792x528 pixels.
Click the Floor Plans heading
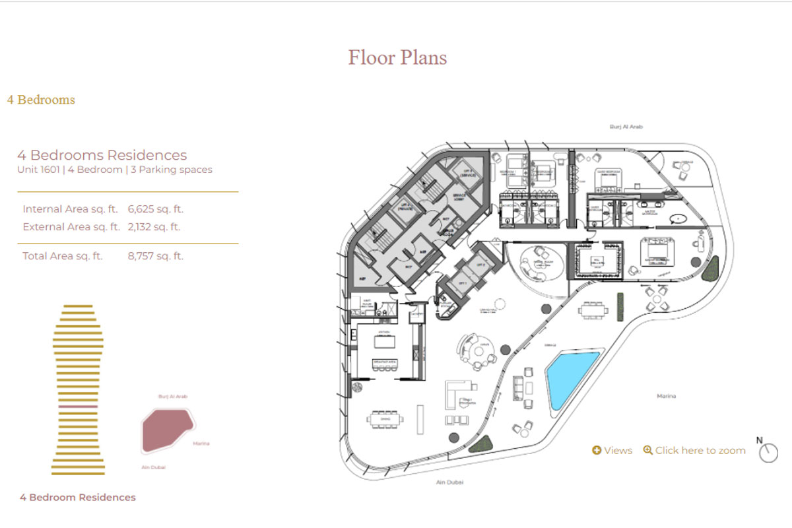[x=397, y=57]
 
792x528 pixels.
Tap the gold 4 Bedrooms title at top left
[x=41, y=100]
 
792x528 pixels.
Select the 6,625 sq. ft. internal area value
[x=156, y=209]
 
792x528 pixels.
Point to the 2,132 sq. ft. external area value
[x=154, y=226]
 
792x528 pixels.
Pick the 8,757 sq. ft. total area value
[x=156, y=256]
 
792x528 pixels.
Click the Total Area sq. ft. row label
[x=63, y=256]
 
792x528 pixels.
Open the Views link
[x=612, y=450]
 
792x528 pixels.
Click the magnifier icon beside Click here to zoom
[x=647, y=450]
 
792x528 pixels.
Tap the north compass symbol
[x=768, y=452]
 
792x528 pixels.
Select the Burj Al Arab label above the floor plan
[x=626, y=126]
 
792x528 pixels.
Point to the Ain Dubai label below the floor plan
[x=449, y=482]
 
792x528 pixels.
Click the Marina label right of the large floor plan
[x=666, y=396]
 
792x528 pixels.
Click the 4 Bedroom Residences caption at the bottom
[x=78, y=498]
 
